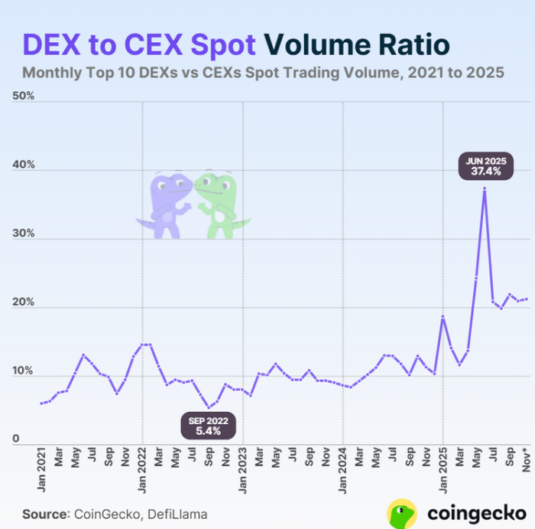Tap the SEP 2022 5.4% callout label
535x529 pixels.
pos(209,426)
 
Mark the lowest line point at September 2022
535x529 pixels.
pos(209,407)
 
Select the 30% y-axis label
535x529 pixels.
pos(24,233)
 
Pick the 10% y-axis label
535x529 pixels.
pos(24,371)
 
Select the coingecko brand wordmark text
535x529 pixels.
pos(469,512)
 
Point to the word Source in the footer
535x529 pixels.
pos(44,513)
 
